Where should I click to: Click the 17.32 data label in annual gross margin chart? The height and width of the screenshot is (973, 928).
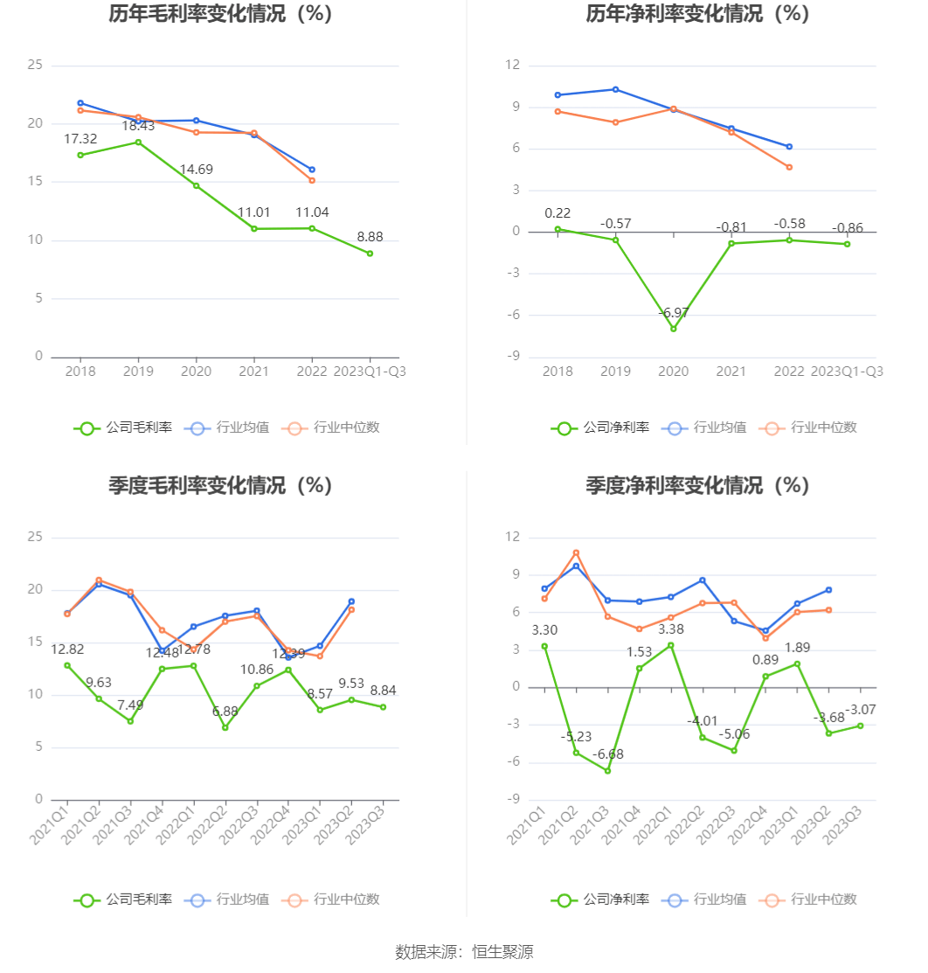80,139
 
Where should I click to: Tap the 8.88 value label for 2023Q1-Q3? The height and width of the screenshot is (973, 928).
370,237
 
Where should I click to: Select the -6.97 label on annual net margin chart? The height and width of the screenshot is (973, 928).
674,313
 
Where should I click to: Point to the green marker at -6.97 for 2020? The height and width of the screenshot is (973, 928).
674,329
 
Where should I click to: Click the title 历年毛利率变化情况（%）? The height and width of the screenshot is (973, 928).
221,14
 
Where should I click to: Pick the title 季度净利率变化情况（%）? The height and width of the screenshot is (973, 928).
698,485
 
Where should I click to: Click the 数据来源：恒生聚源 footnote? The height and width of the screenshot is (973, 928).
464,952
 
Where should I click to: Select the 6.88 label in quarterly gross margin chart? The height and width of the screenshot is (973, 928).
225,712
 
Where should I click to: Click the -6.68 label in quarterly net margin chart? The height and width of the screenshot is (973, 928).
608,754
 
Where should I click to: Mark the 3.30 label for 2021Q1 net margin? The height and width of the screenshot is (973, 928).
544,630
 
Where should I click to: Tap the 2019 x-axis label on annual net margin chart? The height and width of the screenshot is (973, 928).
615,372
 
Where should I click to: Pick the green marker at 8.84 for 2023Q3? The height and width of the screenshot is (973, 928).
383,707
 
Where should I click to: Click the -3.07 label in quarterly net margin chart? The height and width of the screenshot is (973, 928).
861,709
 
